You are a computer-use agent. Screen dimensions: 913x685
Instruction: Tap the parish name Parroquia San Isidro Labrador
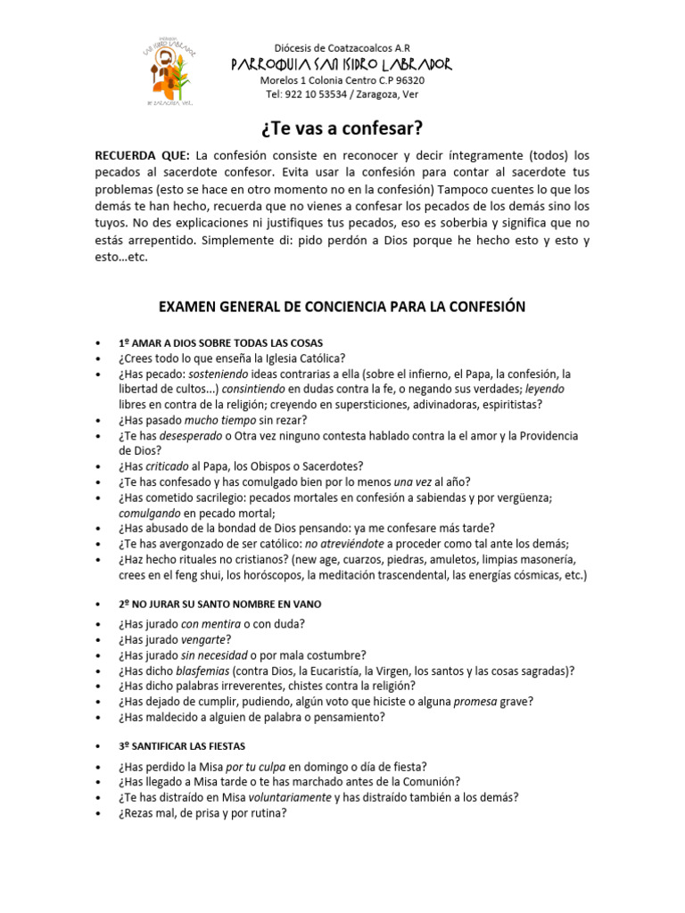(x=342, y=64)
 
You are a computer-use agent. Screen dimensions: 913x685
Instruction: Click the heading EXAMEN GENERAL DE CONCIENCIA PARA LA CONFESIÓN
(x=342, y=307)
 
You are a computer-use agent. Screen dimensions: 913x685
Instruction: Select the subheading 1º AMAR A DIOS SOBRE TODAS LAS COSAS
(x=220, y=343)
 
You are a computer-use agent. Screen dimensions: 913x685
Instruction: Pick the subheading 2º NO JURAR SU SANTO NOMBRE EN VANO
(x=219, y=604)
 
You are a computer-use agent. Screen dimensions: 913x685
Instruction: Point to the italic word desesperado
(x=188, y=435)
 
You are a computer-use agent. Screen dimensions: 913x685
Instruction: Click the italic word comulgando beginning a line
(x=150, y=513)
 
